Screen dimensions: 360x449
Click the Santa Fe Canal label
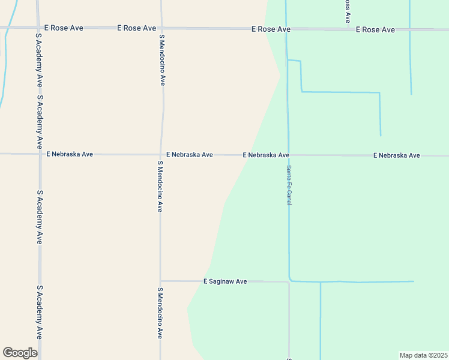point(289,185)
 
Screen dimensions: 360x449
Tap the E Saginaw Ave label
point(225,281)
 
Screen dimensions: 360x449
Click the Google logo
point(20,352)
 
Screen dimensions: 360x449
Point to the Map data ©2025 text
point(423,355)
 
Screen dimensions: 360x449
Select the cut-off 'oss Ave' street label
point(347,11)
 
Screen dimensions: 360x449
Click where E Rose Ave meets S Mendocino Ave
point(161,28)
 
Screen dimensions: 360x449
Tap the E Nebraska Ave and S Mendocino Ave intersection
point(161,154)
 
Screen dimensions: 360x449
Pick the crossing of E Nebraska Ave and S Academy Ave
point(40,154)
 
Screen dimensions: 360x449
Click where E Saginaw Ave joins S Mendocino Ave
point(160,281)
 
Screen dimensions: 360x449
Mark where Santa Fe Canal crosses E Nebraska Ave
point(288,155)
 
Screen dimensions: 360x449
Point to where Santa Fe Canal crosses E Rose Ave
point(286,29)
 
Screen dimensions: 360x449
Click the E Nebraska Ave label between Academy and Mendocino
point(70,154)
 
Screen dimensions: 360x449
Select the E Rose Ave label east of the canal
point(375,29)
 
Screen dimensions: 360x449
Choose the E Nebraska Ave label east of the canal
point(396,155)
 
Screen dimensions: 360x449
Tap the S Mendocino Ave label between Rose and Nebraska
point(162,60)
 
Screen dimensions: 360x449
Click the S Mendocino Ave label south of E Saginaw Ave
point(160,313)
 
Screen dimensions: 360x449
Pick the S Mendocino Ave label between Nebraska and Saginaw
point(160,186)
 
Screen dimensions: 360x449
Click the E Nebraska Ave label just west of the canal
point(266,155)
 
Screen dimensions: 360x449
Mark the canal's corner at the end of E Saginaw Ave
point(290,280)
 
